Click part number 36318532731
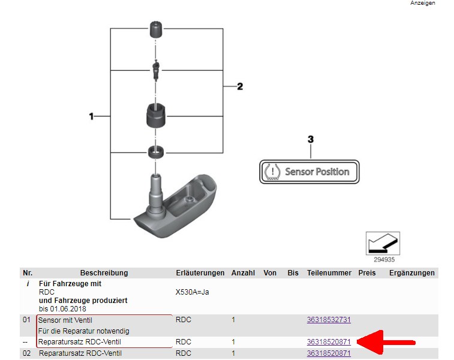click(x=329, y=320)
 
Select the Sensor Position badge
click(x=309, y=172)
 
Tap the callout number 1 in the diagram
click(x=91, y=116)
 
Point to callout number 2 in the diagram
click(x=240, y=86)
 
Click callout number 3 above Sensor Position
click(x=310, y=139)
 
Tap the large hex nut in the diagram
click(x=157, y=114)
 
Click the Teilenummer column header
click(x=329, y=273)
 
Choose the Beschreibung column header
click(x=104, y=273)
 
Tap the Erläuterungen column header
click(x=200, y=273)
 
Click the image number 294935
click(x=384, y=260)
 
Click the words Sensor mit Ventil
click(x=65, y=320)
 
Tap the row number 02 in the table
click(x=26, y=353)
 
